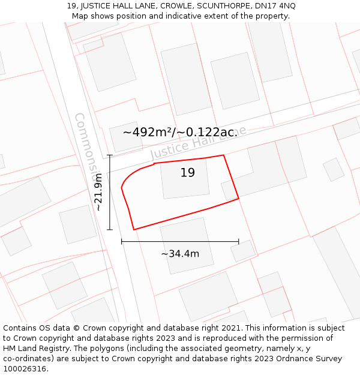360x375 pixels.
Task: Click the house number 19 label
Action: [x=188, y=173]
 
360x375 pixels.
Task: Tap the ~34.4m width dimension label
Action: [x=180, y=254]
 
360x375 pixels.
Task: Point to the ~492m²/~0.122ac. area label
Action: [x=180, y=132]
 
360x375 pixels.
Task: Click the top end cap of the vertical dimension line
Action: [x=110, y=155]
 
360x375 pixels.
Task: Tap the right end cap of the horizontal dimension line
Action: [x=239, y=241]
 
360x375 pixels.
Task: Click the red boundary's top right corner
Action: [x=224, y=155]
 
